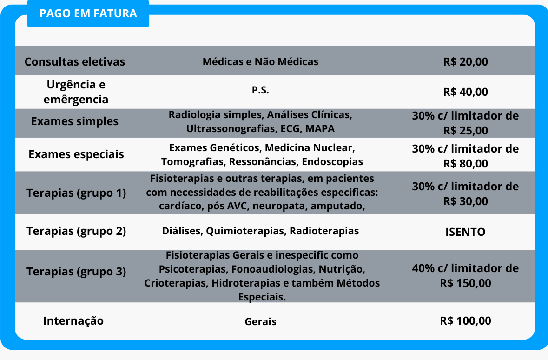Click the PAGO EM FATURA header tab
click(88, 13)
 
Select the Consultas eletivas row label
click(75, 61)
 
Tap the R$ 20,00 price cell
click(465, 61)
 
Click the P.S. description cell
click(260, 91)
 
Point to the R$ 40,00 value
click(465, 92)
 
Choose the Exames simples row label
click(75, 121)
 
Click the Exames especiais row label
click(76, 154)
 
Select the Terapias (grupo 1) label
click(76, 193)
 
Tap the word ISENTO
click(465, 232)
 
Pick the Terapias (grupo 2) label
click(76, 231)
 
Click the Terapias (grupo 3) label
click(76, 272)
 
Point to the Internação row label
click(73, 321)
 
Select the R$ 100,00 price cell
click(465, 321)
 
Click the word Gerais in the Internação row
click(260, 321)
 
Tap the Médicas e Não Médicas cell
click(260, 61)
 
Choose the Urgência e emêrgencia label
click(76, 92)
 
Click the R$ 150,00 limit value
click(465, 283)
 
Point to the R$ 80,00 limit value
click(465, 164)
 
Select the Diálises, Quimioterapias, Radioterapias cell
click(260, 231)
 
